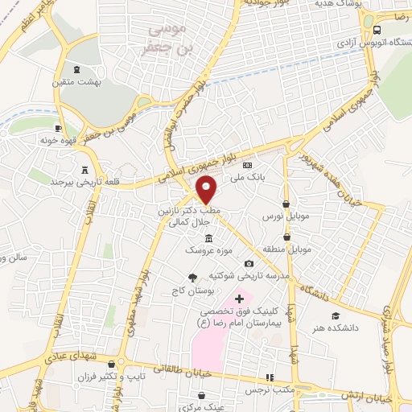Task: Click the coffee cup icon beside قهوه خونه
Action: point(58,128)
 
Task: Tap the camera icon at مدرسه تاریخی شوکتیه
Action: point(249,264)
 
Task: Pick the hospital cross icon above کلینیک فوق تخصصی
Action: point(239,299)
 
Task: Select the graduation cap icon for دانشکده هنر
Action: point(335,315)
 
